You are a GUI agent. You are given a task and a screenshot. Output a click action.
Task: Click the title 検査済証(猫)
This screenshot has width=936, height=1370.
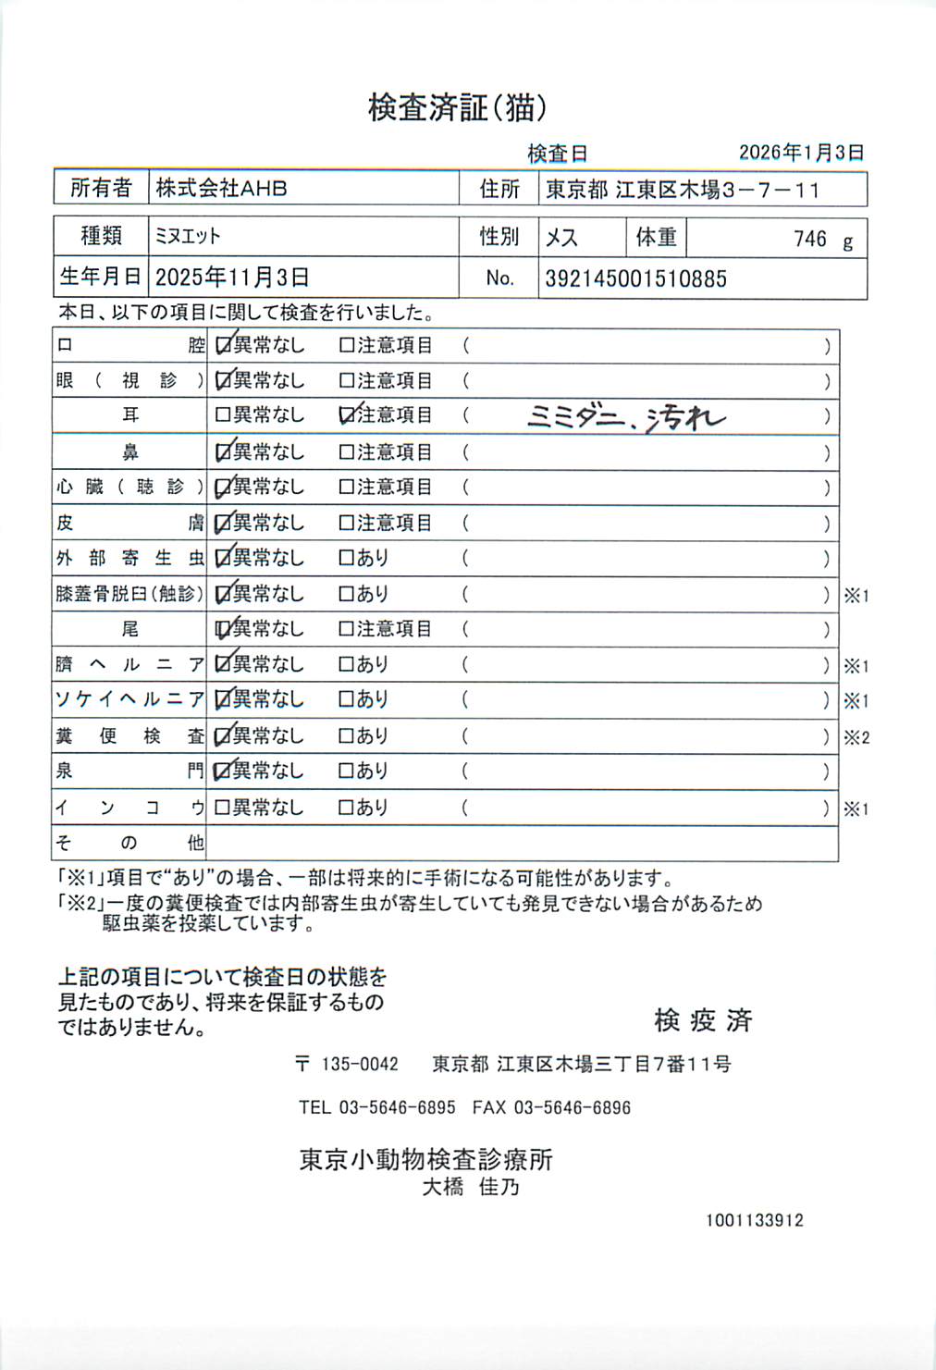tap(457, 108)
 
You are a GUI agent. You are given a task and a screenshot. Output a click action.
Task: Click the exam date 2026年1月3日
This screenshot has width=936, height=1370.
tap(801, 153)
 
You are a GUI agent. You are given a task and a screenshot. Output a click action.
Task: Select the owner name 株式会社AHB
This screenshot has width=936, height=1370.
tap(221, 189)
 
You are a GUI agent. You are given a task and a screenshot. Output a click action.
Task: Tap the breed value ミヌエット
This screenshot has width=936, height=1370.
tap(188, 237)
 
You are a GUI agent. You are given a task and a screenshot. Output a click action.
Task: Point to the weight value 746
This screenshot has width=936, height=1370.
tap(809, 239)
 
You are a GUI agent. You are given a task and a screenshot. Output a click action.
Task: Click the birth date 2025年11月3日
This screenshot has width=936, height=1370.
tap(231, 278)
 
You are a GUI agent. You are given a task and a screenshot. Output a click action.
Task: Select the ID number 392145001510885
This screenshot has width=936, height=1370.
tap(635, 278)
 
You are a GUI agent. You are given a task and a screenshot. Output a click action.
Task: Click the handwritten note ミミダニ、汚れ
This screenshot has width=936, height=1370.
tap(626, 418)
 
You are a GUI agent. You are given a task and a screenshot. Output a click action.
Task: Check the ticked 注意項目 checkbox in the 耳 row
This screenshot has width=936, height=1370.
tap(347, 416)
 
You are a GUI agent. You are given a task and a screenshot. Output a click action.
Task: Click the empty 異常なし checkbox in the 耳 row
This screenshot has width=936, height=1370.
tap(222, 416)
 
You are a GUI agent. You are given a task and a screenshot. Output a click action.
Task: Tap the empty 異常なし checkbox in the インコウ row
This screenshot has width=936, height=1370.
tap(222, 808)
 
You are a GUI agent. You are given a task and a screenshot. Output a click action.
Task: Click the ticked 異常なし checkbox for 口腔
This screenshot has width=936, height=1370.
tap(223, 346)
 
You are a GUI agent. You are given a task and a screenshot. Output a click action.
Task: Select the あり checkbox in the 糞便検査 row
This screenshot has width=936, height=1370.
tap(347, 737)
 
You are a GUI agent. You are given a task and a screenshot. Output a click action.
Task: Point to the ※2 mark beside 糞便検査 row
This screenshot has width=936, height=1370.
tap(856, 738)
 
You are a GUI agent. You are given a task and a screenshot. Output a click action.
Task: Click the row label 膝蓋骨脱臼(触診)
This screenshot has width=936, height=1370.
tap(129, 594)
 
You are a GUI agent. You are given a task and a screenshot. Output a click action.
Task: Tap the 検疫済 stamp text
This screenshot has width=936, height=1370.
tap(703, 1020)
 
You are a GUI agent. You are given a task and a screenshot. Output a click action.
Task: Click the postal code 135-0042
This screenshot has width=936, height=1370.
tap(359, 1065)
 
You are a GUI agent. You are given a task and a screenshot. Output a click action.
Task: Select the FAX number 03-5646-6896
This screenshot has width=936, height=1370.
tap(572, 1108)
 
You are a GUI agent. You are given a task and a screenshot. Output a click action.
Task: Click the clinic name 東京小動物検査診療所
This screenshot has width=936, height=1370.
tap(425, 1160)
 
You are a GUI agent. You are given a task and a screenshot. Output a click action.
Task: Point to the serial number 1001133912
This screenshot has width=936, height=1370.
tap(754, 1221)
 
